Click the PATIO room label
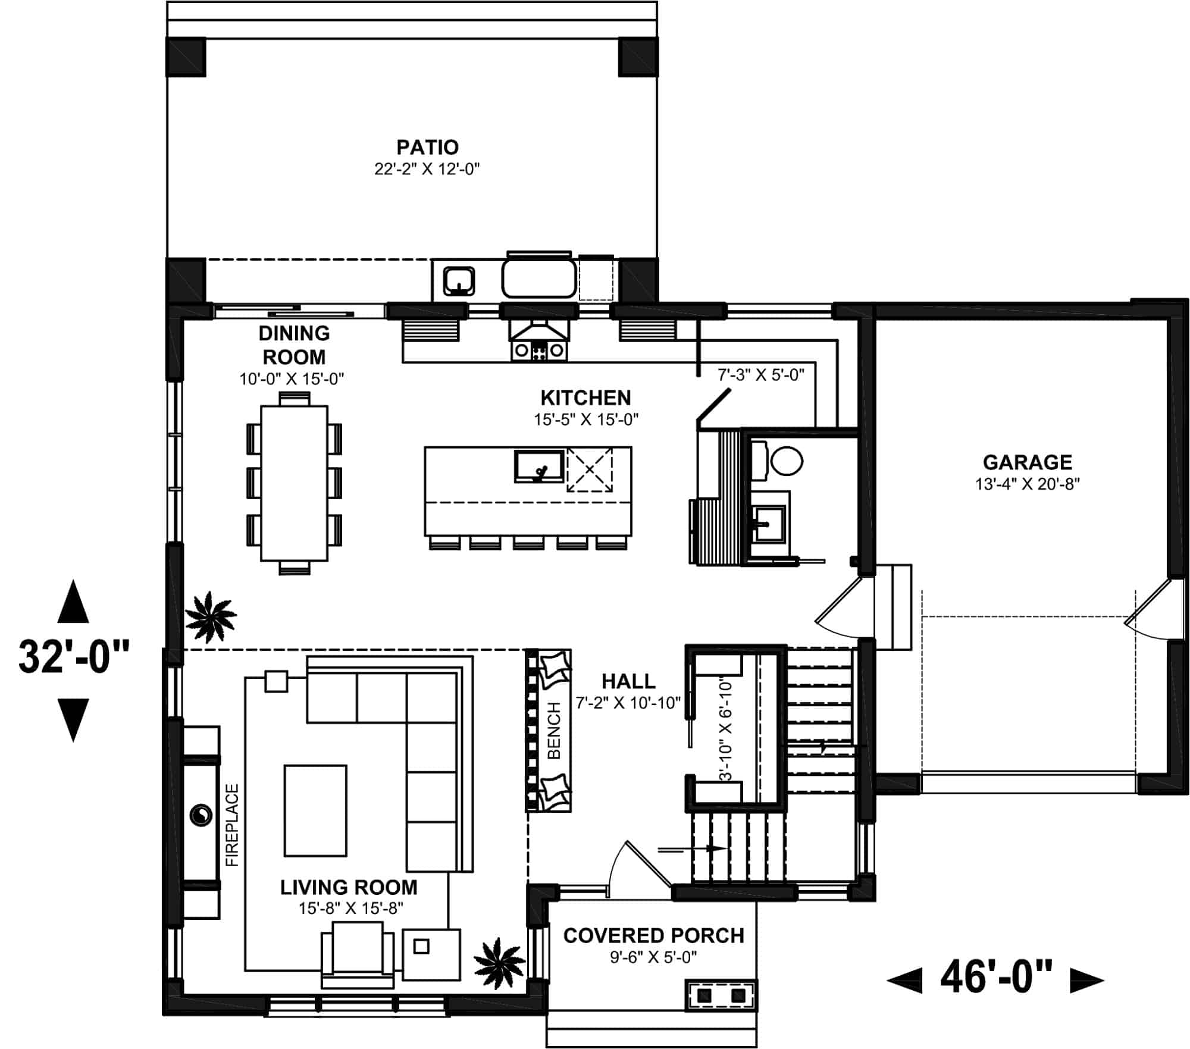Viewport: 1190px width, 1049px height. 427,147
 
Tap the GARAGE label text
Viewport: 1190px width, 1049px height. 1028,462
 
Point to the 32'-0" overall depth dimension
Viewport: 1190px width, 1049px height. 73,657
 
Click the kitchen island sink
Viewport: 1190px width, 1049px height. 539,466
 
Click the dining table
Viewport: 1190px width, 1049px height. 294,483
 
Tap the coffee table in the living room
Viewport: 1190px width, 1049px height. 315,810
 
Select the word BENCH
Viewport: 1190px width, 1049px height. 554,730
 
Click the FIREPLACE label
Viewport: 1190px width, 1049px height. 232,825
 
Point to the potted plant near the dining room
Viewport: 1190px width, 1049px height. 210,618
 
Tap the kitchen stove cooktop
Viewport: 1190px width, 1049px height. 539,350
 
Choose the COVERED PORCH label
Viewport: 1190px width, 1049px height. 654,935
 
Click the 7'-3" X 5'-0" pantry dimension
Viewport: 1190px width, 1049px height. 761,375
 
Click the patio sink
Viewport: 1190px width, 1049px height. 459,281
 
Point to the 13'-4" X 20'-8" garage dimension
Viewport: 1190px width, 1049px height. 1028,484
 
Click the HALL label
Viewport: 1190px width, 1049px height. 628,681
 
